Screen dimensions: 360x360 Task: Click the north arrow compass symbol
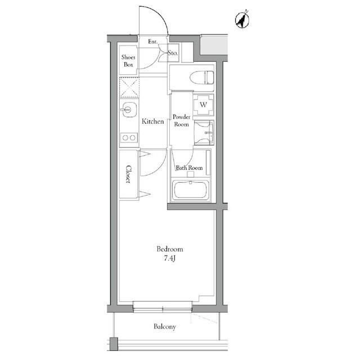(242, 20)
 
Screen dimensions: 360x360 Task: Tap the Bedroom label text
(170, 249)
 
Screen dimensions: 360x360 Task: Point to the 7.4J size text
(170, 259)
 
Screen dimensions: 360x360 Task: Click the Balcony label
(165, 327)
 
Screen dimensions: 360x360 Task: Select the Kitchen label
(152, 121)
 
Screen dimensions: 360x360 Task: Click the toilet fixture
(202, 78)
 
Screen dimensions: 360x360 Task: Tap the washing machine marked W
(204, 105)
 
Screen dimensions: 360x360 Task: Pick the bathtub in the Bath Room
(190, 190)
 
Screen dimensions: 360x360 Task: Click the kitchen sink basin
(129, 110)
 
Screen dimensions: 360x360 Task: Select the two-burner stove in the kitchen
(129, 138)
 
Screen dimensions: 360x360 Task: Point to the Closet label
(128, 174)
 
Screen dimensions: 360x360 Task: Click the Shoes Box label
(128, 61)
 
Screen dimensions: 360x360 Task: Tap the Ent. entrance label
(153, 42)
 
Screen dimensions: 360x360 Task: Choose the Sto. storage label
(173, 53)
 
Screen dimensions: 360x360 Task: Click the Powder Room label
(181, 120)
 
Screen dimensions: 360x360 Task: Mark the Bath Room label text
(189, 168)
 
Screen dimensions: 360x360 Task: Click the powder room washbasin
(204, 133)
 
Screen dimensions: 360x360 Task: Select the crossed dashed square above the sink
(129, 87)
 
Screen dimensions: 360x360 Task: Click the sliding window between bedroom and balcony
(163, 307)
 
